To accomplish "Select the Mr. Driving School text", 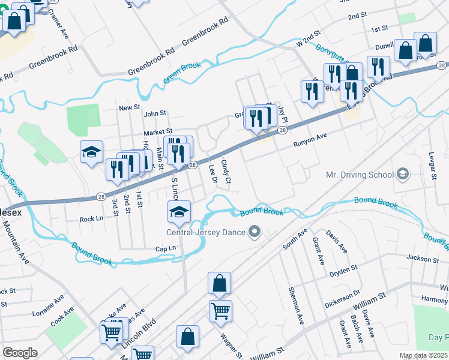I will tap(358, 175).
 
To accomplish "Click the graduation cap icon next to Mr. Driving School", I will tap(403, 175).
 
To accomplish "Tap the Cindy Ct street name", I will tap(226, 171).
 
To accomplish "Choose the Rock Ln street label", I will tap(92, 220).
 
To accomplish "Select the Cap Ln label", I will tap(165, 248).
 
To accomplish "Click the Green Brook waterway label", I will tap(182, 73).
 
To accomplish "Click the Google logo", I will tap(20, 353).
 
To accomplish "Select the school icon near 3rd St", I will tap(91, 153).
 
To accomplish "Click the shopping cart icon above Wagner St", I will tap(221, 311).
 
